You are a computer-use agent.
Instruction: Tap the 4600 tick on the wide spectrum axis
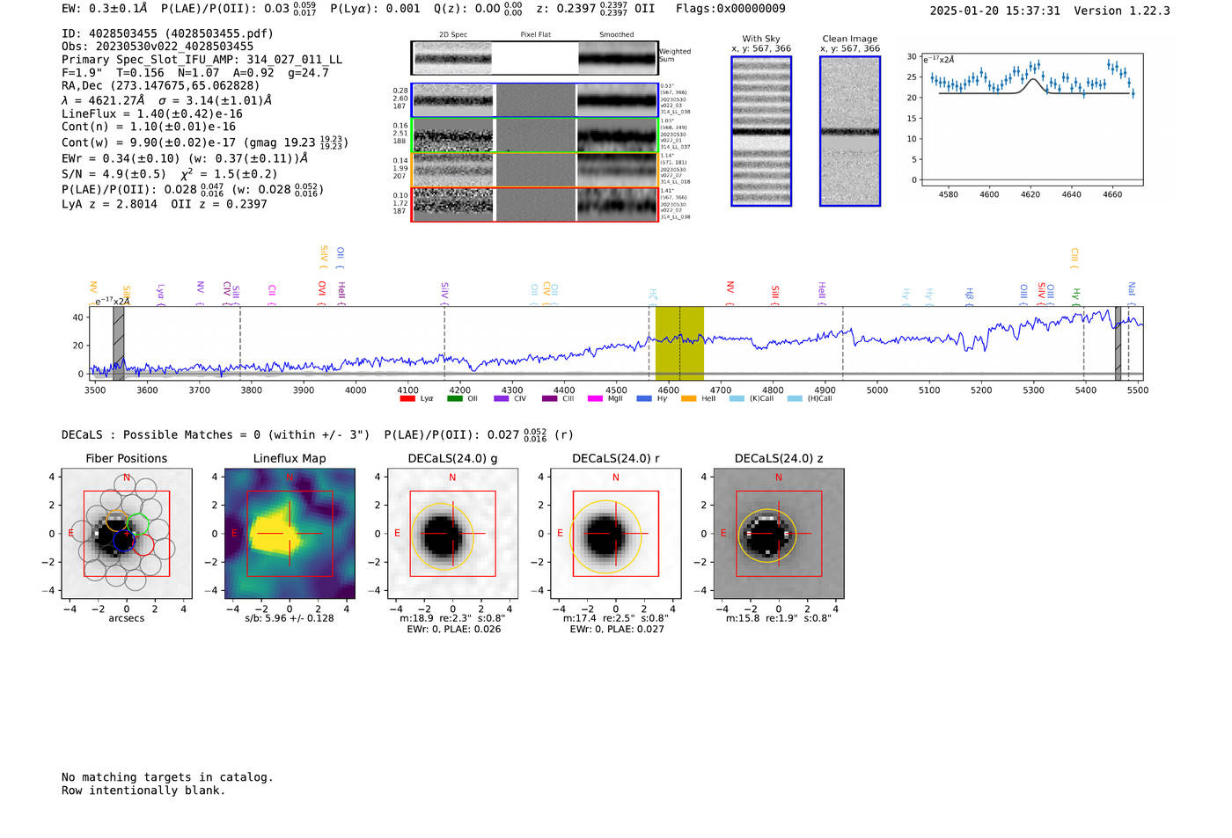[669, 390]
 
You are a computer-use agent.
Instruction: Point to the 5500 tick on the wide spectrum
[1138, 390]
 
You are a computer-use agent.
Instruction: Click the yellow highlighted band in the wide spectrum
[679, 343]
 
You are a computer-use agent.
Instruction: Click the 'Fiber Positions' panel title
[126, 458]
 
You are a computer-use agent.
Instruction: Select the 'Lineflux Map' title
[290, 458]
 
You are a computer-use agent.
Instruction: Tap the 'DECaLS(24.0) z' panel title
[779, 458]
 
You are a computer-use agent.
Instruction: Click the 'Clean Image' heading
[849, 39]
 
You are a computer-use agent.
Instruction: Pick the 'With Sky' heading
[760, 39]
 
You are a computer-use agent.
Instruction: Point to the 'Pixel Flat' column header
[535, 34]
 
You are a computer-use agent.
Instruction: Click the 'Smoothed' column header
[616, 34]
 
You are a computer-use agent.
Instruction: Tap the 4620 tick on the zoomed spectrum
[1030, 194]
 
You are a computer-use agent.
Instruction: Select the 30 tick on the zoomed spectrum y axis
[912, 56]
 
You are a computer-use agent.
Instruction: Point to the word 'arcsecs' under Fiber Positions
[127, 618]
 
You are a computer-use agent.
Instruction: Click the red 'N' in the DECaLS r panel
[616, 477]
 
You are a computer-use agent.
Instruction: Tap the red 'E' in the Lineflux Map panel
[234, 534]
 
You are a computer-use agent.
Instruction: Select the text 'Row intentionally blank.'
[143, 791]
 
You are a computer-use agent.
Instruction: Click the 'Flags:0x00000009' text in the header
[730, 9]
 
